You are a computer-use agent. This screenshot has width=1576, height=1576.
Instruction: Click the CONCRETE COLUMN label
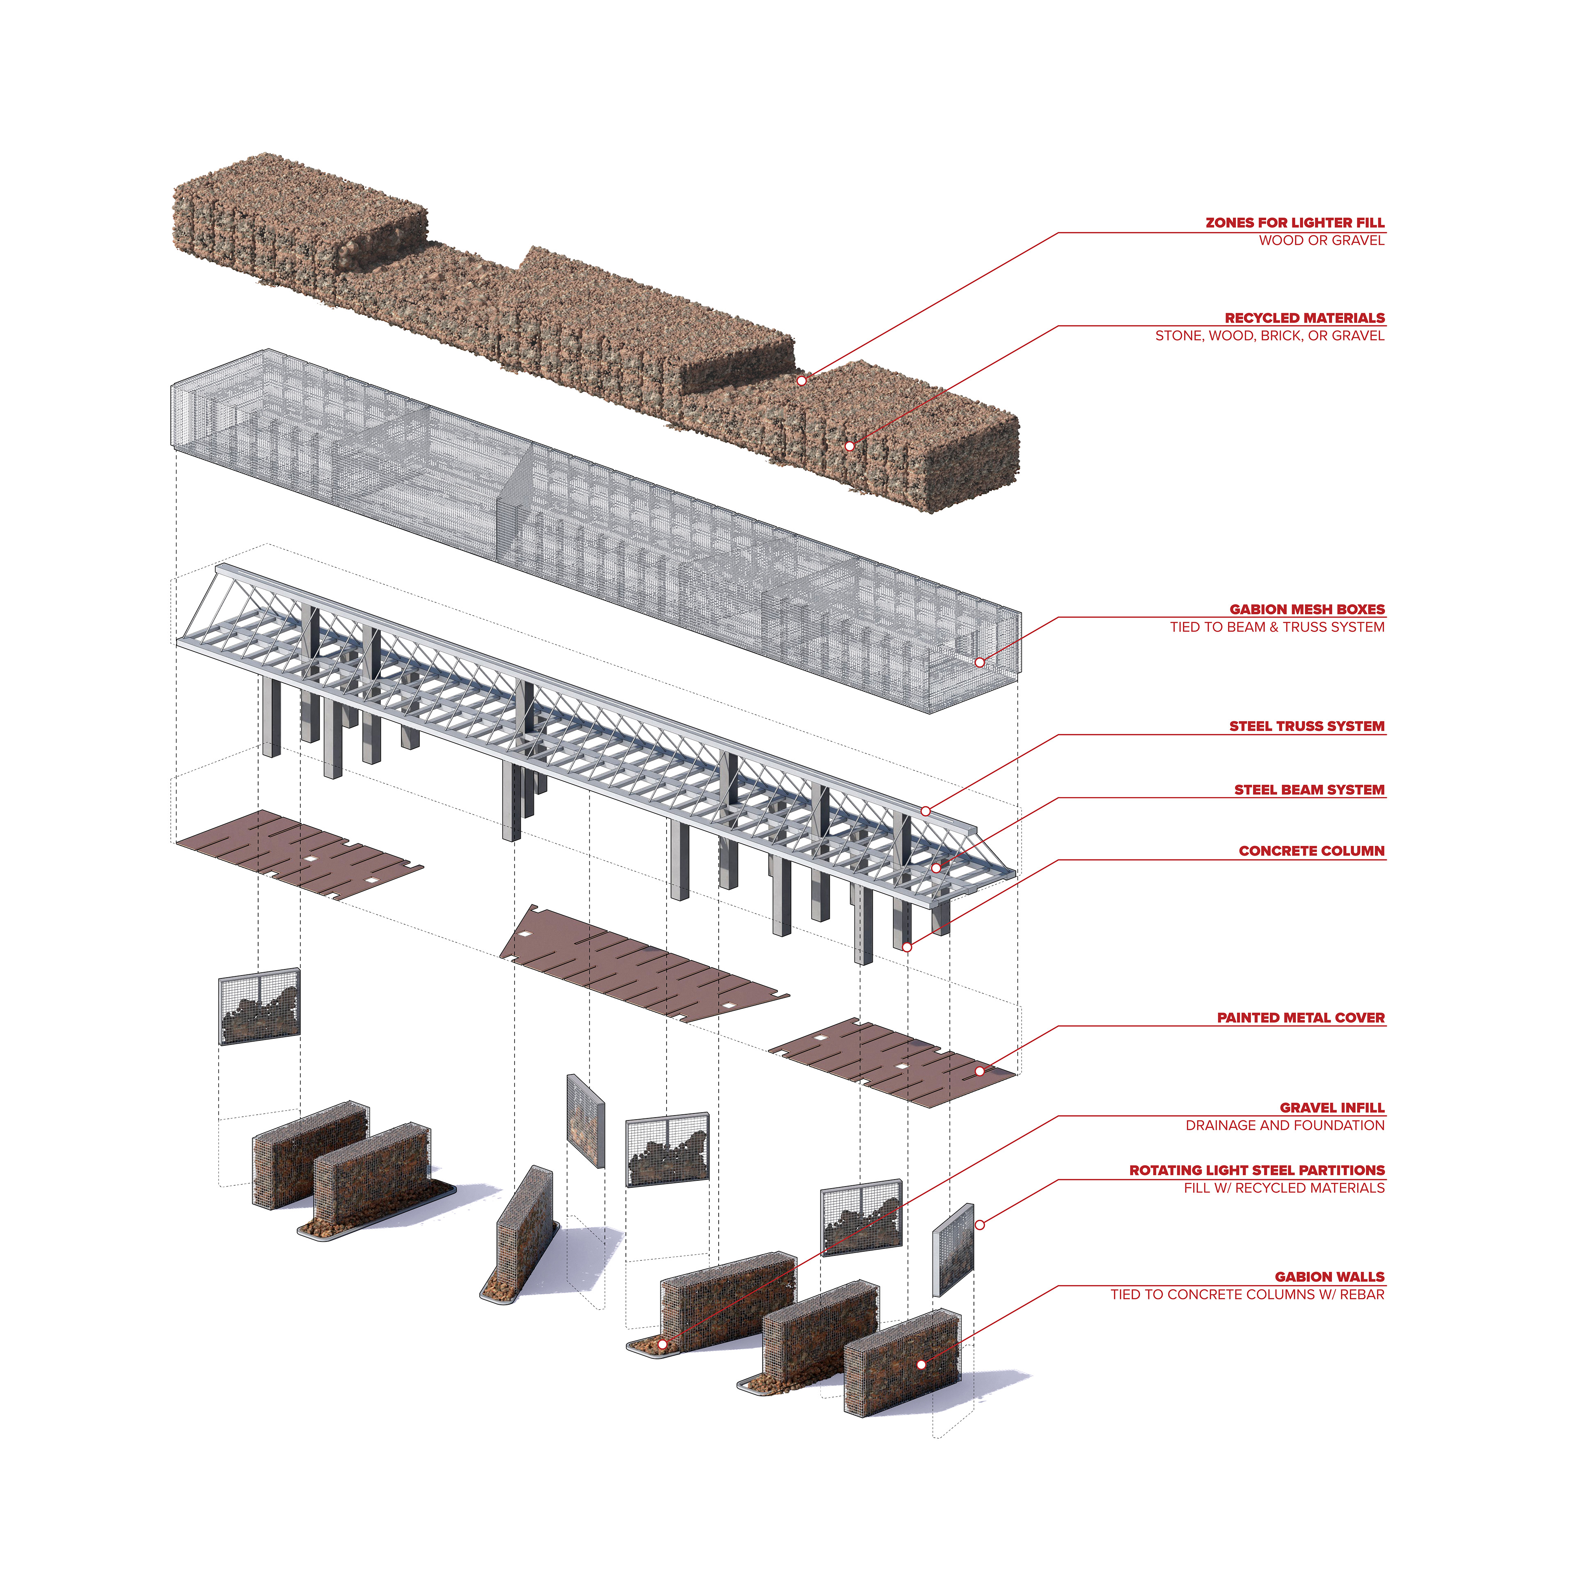click(x=1312, y=851)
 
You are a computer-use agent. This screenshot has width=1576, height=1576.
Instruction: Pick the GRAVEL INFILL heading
click(x=1332, y=1108)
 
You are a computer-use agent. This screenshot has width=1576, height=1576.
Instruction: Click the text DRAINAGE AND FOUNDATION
click(x=1285, y=1126)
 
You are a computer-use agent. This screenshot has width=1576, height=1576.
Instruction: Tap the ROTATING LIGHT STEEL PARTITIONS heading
click(x=1257, y=1171)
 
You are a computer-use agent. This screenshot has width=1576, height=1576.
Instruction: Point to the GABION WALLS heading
click(x=1330, y=1277)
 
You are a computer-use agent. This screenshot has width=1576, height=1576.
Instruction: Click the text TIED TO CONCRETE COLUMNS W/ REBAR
click(x=1247, y=1294)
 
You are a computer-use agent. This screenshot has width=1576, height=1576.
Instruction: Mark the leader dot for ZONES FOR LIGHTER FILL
click(x=802, y=381)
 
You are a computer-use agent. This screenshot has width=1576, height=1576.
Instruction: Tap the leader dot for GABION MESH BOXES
click(x=980, y=662)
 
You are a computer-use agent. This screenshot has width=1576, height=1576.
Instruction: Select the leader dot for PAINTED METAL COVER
click(x=980, y=1071)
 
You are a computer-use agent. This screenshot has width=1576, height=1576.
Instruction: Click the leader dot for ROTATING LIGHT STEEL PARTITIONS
click(x=980, y=1225)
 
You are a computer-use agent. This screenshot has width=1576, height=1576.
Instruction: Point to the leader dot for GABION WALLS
click(x=921, y=1365)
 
